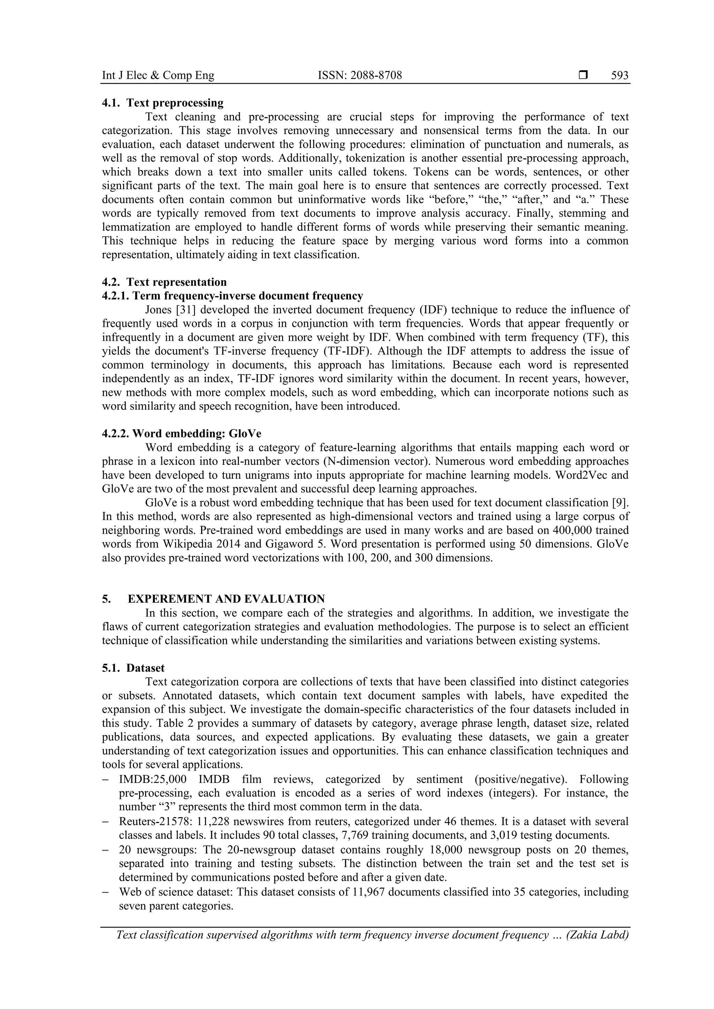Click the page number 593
620,76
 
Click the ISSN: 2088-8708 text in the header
360,76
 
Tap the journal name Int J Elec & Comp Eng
158,76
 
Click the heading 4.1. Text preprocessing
163,103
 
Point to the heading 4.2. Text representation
164,282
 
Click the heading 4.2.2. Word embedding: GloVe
181,434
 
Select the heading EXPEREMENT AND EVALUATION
226,599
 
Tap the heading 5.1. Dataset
133,668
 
